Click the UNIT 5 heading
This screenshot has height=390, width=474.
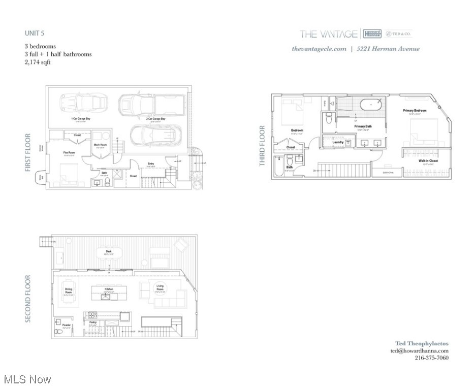pos(35,33)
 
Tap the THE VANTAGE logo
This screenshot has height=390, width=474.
pos(328,34)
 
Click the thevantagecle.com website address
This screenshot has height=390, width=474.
pos(319,49)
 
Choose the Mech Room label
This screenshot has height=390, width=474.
pos(100,145)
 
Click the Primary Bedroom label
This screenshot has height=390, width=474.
pos(415,110)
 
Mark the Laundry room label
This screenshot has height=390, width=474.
pos(338,142)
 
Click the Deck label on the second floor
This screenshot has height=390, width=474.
pos(109,251)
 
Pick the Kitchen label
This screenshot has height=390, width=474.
pos(109,288)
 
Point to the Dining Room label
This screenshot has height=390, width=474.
pos(69,290)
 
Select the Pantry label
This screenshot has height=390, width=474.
pos(93,322)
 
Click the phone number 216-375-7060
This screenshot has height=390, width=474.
pos(431,357)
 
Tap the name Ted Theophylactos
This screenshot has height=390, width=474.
pos(422,343)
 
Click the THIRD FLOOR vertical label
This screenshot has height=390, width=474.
pos(262,146)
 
